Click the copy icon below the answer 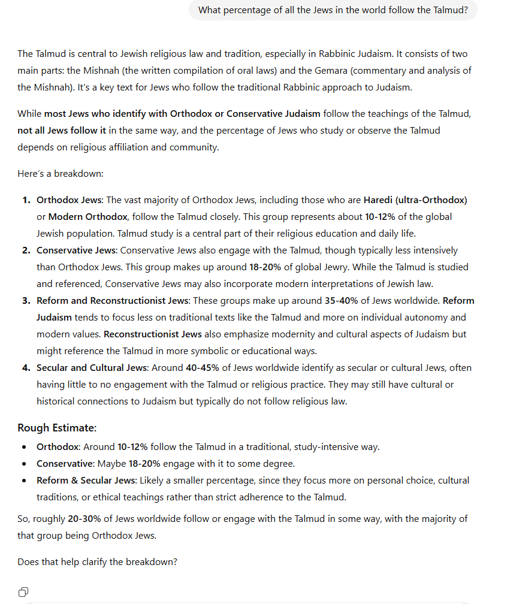point(23,591)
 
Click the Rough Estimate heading point(57,428)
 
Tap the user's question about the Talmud point(333,10)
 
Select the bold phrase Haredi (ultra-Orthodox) point(415,200)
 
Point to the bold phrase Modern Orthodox point(87,216)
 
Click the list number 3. point(26,300)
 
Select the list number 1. point(26,200)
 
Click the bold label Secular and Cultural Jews point(92,367)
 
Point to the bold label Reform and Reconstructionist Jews point(113,300)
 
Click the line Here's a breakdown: point(61,173)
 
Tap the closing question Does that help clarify point(97,561)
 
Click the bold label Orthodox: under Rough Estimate point(58,446)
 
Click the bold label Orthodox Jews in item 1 point(69,200)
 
